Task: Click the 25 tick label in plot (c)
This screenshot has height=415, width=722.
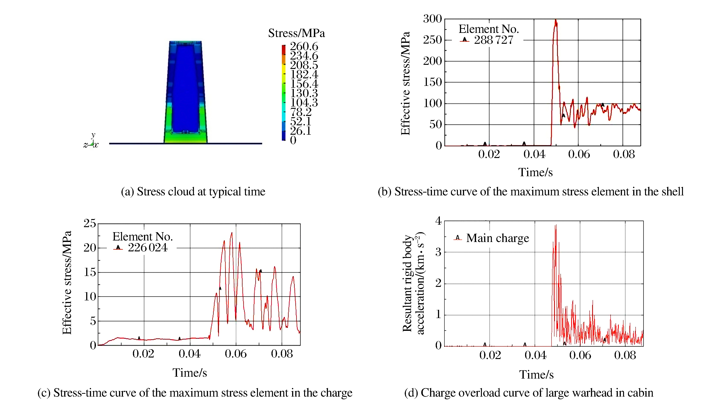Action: coord(90,223)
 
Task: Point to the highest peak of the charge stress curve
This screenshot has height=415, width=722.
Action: coord(231,233)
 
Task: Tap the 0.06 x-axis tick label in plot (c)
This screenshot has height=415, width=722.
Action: coord(236,354)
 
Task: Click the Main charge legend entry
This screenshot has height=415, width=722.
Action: coord(497,238)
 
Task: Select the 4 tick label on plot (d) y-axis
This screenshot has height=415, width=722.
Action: coord(438,221)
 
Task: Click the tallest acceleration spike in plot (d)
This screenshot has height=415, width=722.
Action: coord(556,225)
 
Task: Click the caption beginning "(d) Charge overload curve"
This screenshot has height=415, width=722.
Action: coord(528,393)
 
